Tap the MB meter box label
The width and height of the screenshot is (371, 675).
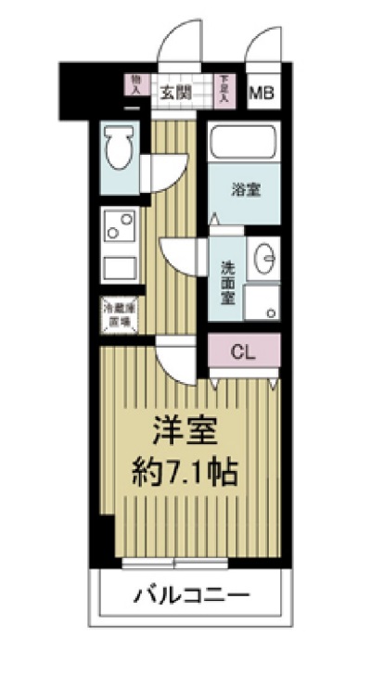point(263,93)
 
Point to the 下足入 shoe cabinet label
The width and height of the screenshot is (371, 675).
point(223,87)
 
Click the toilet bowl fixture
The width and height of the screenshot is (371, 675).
point(119,147)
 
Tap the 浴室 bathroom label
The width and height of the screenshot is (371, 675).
point(245,191)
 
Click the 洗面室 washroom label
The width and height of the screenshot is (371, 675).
point(227,280)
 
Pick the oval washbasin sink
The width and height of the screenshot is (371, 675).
point(265,257)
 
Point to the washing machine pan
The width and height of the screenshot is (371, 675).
point(264,301)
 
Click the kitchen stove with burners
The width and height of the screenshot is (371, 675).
point(118,225)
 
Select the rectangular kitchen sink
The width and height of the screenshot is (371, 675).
point(118,268)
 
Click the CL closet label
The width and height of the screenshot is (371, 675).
point(241,352)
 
